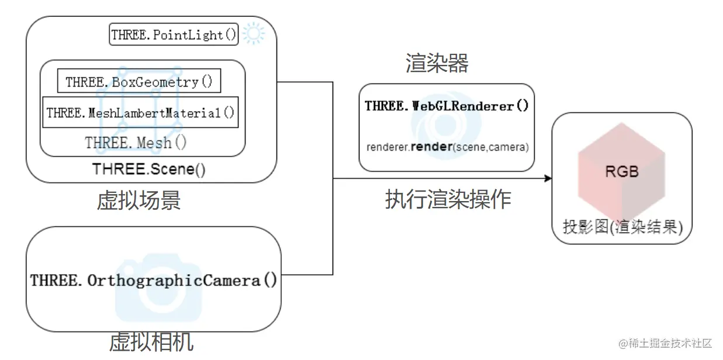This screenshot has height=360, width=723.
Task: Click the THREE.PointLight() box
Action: tap(174, 35)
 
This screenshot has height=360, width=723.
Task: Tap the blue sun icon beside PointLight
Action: tap(253, 34)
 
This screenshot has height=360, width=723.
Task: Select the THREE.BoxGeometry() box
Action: tap(139, 82)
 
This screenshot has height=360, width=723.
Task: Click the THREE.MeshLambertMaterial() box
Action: tap(141, 112)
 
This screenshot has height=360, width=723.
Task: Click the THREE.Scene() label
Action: tap(149, 169)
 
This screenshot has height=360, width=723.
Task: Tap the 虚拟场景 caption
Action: tap(139, 200)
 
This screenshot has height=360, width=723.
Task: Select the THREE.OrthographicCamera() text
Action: tap(154, 281)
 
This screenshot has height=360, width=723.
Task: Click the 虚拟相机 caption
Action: tap(151, 342)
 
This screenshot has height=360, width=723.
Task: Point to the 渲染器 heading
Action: tap(437, 63)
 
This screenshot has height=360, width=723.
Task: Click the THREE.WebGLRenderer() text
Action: tap(447, 106)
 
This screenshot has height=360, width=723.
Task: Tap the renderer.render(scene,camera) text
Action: tap(447, 147)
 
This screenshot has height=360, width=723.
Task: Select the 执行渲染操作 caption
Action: tap(448, 199)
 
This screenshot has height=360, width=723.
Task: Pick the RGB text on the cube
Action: tap(621, 172)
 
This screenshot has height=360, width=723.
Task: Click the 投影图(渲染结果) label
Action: tap(622, 227)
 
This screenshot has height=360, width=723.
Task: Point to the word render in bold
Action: tap(431, 147)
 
